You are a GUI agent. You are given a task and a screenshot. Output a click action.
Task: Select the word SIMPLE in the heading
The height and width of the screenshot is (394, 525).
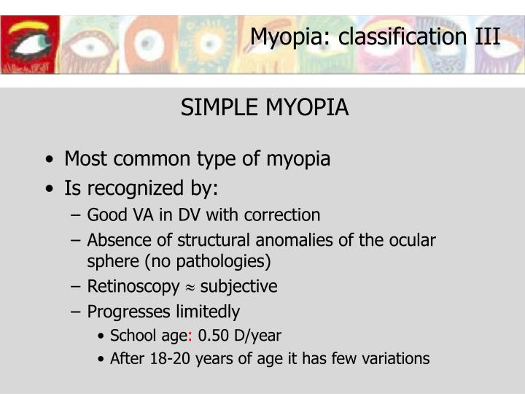click(x=212, y=108)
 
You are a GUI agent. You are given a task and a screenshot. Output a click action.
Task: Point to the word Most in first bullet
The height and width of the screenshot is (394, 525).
click(x=82, y=158)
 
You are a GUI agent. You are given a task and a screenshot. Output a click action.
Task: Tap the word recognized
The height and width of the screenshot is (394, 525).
click(x=133, y=188)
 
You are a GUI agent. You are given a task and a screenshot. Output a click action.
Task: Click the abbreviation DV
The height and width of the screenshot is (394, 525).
click(x=181, y=215)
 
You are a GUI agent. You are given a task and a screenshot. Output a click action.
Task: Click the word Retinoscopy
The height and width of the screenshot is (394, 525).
click(x=133, y=287)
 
